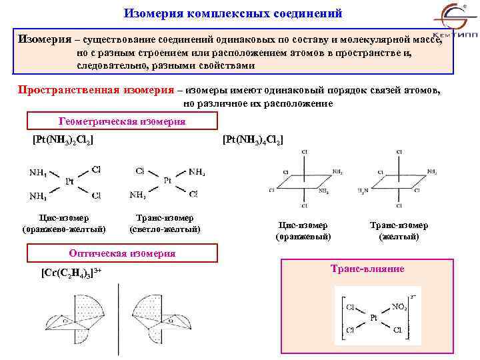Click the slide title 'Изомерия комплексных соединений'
point(233,13)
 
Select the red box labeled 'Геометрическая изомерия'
point(122,121)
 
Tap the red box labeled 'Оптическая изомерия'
point(122,253)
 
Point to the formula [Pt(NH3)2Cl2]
point(63,141)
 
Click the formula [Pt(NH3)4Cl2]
point(253,141)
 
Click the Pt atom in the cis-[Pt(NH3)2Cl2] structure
point(69,181)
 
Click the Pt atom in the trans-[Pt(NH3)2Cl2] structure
point(167,181)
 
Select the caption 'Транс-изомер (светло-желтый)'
point(165,224)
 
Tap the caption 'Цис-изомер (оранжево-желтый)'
point(64,224)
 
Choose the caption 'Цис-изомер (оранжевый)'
point(303,231)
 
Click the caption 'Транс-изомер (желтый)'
point(399,231)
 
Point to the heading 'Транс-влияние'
point(367,269)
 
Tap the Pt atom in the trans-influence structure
point(374,319)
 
